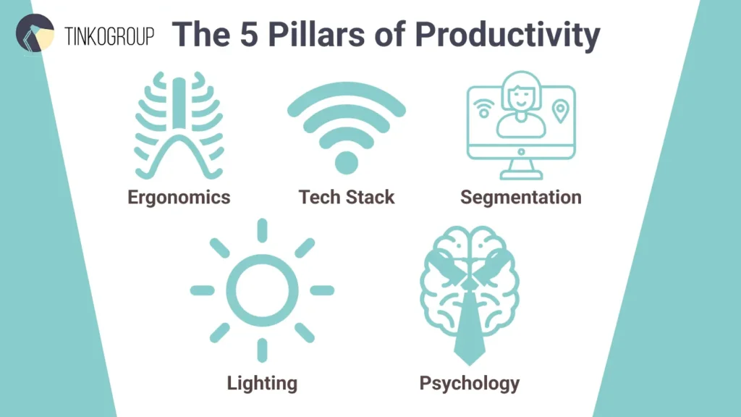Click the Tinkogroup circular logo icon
35,33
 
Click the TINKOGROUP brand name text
110,36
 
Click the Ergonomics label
179,197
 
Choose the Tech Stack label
347,197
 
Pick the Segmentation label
520,197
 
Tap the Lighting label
262,382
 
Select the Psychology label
469,383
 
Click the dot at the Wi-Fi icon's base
347,161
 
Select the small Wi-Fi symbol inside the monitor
482,109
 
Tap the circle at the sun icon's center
262,290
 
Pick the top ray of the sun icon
262,230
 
